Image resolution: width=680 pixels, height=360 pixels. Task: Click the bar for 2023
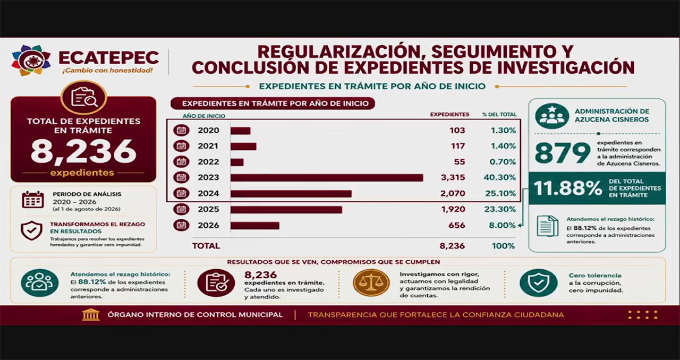pos(327,178)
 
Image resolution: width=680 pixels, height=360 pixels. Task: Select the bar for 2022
pos(237,162)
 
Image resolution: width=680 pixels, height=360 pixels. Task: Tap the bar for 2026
pos(254,226)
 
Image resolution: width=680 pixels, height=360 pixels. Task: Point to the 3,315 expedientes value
pos(453,177)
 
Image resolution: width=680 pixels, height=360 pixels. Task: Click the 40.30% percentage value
pos(500,177)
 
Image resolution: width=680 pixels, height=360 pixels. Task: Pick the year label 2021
pos(208,146)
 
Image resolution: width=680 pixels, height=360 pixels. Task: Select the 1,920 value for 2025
pos(453,209)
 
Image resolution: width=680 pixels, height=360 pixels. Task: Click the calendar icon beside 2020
pos(181,130)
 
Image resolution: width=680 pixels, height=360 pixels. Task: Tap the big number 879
pos(563,153)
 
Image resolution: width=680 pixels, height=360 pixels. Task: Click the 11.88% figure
pos(568,188)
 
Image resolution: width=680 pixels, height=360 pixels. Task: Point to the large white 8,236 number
pos(83,151)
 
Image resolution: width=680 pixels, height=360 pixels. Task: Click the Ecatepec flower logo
pos(31,61)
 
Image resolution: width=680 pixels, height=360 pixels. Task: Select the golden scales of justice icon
pos(371,282)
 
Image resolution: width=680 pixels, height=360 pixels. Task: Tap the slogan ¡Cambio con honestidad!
pos(107,71)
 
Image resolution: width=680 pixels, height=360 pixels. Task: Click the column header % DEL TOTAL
pos(499,115)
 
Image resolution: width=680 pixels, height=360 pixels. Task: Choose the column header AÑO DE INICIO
pos(203,116)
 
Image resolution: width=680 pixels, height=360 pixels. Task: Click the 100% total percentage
pos(503,246)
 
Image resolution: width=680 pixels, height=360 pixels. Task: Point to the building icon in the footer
pos(91,315)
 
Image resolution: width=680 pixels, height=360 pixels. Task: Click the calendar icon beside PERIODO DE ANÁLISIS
pos(33,200)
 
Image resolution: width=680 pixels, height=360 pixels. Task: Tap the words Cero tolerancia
pos(595,276)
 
